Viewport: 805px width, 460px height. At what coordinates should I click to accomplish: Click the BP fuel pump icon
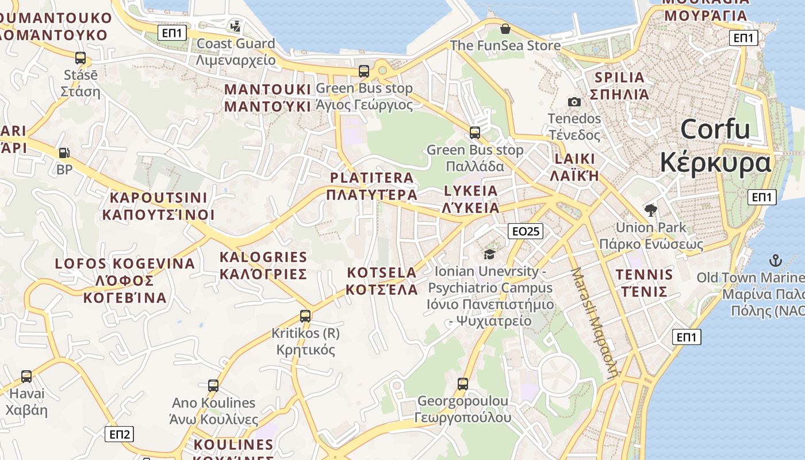[64, 153]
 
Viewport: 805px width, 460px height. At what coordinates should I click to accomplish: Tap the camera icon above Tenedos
[574, 102]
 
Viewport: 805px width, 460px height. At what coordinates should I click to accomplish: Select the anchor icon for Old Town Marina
[776, 260]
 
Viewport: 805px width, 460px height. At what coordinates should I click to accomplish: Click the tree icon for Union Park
[651, 210]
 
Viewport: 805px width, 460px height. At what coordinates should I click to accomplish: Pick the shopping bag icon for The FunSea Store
[505, 28]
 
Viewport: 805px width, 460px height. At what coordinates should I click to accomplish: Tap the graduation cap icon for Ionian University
[489, 254]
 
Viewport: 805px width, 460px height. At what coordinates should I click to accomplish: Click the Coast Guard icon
[235, 26]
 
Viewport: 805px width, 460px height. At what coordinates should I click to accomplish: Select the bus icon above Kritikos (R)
[305, 316]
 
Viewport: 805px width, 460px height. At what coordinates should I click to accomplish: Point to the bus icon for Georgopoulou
[463, 384]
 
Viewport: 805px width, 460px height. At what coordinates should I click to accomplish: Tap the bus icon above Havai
[26, 377]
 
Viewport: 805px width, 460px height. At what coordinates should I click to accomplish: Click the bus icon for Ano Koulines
[213, 385]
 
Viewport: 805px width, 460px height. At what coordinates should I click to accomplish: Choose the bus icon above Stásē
[80, 57]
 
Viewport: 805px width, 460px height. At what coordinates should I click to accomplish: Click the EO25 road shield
[526, 231]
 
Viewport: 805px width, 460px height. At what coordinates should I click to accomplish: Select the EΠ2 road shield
[119, 434]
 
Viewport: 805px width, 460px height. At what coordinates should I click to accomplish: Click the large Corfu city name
[715, 146]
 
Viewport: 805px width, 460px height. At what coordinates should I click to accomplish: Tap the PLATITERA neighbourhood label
[371, 186]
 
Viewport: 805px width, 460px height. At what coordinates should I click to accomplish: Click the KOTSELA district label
[382, 281]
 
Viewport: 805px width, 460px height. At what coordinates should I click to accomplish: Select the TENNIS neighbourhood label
[643, 283]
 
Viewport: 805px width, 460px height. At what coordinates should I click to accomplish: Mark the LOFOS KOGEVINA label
[125, 281]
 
